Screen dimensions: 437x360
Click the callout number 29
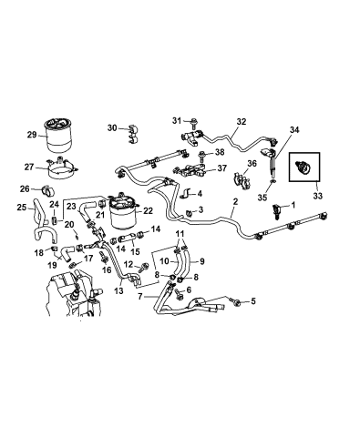tap(31, 135)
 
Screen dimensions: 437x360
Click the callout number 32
tap(242, 119)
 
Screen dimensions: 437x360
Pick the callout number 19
tap(41, 267)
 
